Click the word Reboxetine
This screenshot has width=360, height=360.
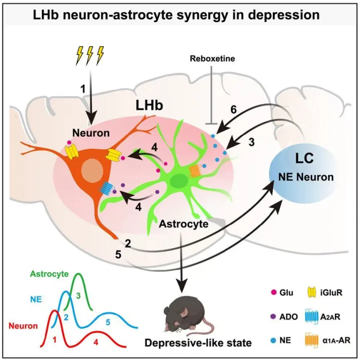tap(212, 58)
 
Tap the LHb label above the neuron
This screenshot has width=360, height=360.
tap(149, 105)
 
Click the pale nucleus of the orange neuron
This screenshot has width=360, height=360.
tap(93, 170)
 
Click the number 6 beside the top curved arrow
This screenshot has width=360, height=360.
tap(233, 109)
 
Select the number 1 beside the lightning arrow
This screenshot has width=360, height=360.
tap(83, 89)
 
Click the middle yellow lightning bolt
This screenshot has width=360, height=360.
tap(90, 55)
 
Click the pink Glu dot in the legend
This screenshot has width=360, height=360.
tap(273, 292)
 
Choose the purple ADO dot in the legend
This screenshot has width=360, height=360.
tap(273, 316)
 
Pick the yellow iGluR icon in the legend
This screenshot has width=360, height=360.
tap(311, 292)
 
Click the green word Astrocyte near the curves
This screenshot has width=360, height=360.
tap(49, 274)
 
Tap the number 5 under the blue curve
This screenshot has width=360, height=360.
tap(108, 322)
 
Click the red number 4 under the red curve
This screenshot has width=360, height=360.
tap(95, 342)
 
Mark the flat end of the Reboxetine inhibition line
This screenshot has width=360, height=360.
tap(211, 124)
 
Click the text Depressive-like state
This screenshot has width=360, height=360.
tap(198, 343)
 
